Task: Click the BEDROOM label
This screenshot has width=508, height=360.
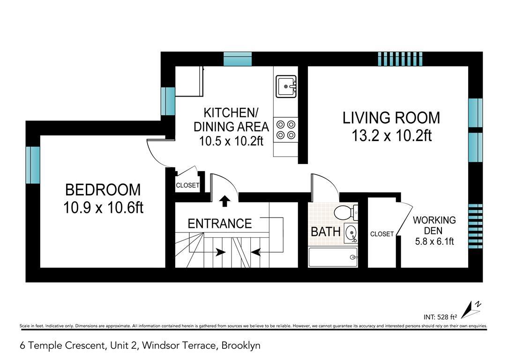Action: [x=103, y=190]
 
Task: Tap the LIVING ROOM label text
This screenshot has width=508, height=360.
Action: [x=391, y=118]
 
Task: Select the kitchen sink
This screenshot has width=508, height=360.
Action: [x=286, y=86]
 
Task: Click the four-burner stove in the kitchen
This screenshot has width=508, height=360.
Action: [x=286, y=130]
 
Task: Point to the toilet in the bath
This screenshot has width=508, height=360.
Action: [x=345, y=212]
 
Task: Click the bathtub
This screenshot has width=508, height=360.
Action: [x=333, y=257]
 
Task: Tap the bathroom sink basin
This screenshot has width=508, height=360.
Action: [x=350, y=232]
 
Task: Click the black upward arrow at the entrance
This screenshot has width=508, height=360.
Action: [x=224, y=201]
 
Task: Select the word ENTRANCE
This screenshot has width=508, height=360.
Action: [x=219, y=224]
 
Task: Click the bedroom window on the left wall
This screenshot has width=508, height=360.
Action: [x=33, y=165]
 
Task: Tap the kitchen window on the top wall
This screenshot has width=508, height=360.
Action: [x=238, y=59]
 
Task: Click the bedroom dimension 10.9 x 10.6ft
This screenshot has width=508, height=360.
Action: [x=103, y=207]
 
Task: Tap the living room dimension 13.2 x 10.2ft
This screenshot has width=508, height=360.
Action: [x=391, y=136]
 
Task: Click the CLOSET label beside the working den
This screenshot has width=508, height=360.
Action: [x=382, y=234]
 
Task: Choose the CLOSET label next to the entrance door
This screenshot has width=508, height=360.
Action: [x=187, y=186]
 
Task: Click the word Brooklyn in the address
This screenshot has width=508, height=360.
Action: [x=241, y=346]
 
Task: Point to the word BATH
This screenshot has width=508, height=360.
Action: [x=325, y=232]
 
